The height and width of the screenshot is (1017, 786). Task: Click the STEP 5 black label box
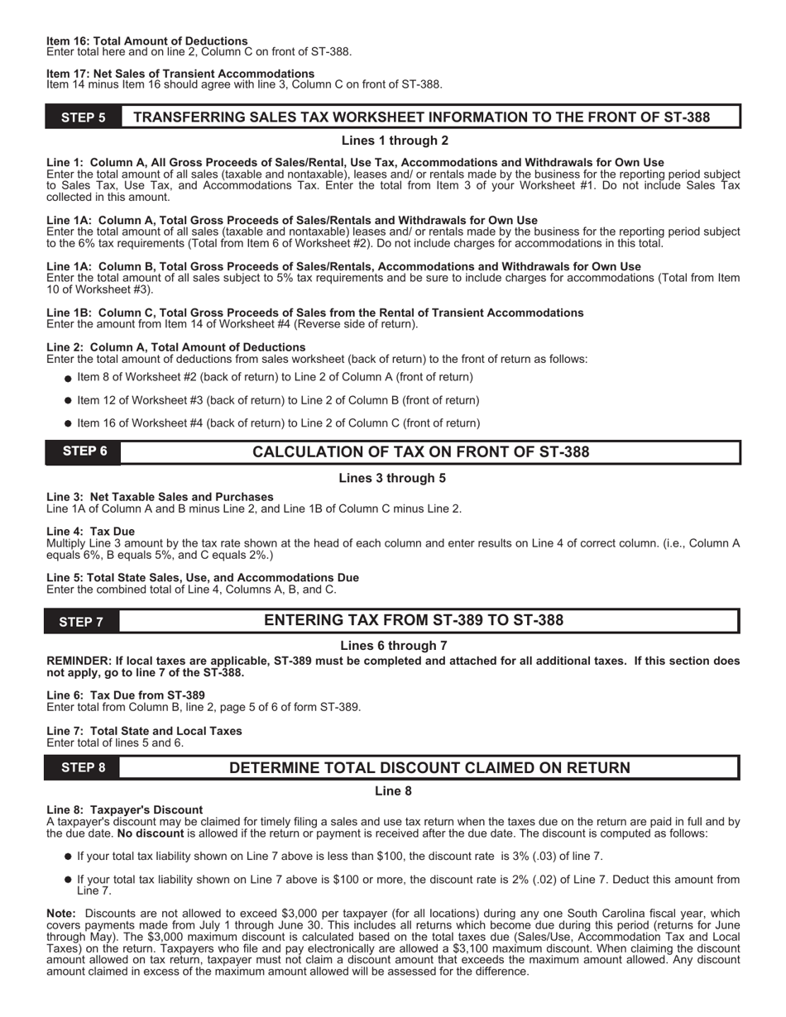click(x=83, y=117)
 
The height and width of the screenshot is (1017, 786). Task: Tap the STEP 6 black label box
click(x=83, y=452)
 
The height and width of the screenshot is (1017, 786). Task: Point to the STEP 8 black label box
click(x=83, y=768)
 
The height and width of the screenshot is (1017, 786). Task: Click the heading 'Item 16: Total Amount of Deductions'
click(x=147, y=41)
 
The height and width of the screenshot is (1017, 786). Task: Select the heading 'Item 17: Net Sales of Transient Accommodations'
click(x=180, y=74)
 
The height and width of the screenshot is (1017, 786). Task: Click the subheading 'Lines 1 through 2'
click(x=395, y=141)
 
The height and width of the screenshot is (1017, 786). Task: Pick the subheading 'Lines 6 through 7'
click(x=394, y=646)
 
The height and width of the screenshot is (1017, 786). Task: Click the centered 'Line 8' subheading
click(x=393, y=791)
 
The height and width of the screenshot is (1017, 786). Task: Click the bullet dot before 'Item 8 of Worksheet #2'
click(x=69, y=378)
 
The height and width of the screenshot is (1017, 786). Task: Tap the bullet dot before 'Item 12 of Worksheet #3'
click(x=69, y=400)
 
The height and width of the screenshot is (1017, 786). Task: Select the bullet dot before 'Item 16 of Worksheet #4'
click(x=69, y=423)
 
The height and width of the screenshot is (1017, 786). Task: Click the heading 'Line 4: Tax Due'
click(x=90, y=531)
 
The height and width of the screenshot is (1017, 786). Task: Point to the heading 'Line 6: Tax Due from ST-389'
click(x=126, y=695)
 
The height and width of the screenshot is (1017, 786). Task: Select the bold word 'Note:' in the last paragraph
click(x=61, y=914)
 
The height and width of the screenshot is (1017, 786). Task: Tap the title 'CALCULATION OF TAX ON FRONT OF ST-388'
click(x=420, y=452)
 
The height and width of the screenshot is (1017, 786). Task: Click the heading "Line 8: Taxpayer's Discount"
click(x=125, y=809)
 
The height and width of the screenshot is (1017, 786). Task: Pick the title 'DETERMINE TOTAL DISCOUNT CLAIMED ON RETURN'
click(x=429, y=768)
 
